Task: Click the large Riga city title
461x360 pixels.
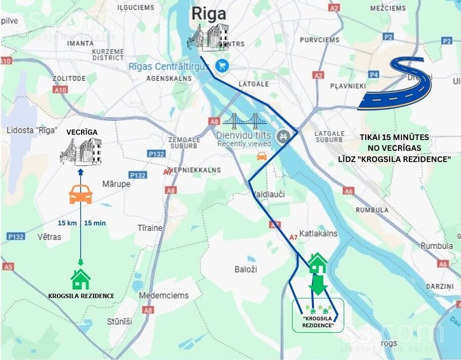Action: click(209, 14)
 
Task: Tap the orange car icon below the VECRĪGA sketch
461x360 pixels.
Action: click(81, 194)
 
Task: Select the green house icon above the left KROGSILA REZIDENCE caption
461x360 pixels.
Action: click(80, 279)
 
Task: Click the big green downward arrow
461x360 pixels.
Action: click(318, 285)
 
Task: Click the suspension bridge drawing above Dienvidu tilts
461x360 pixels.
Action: click(244, 122)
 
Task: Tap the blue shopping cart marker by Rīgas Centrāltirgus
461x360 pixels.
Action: click(222, 65)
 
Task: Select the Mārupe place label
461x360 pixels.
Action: click(116, 184)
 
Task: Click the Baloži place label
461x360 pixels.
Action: click(246, 269)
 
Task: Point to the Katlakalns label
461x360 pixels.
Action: click(318, 234)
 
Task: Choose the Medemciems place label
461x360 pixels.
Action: click(164, 295)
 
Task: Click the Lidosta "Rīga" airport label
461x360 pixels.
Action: click(31, 130)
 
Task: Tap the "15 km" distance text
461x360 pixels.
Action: click(67, 223)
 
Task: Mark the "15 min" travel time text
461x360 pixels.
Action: click(95, 223)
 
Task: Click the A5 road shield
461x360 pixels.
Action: click(8, 266)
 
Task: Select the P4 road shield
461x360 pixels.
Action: click(373, 75)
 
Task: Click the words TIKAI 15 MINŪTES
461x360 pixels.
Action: click(394, 137)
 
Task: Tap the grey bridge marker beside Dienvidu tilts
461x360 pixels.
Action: click(282, 136)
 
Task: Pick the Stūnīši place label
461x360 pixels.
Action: click(120, 321)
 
